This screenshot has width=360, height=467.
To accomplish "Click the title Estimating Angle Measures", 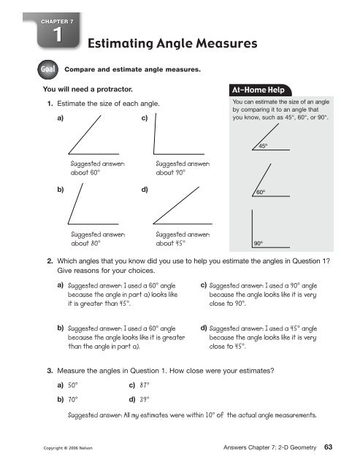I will pos(172,44).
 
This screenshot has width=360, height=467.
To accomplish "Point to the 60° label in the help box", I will pos(261,193).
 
